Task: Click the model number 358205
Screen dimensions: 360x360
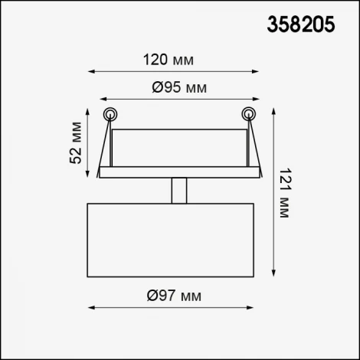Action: click(300, 25)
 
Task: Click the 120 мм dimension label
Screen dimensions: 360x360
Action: click(169, 60)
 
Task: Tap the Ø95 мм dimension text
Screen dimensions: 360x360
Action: click(179, 87)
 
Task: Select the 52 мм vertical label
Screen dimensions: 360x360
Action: click(76, 142)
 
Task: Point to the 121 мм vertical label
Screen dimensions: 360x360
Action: click(284, 193)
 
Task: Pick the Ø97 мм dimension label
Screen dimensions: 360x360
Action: click(174, 296)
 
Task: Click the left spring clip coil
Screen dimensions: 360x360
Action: click(110, 114)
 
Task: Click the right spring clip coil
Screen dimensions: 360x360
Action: click(249, 114)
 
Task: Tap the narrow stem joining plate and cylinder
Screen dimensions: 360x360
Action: click(179, 191)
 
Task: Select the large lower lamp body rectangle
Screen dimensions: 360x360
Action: click(171, 240)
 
